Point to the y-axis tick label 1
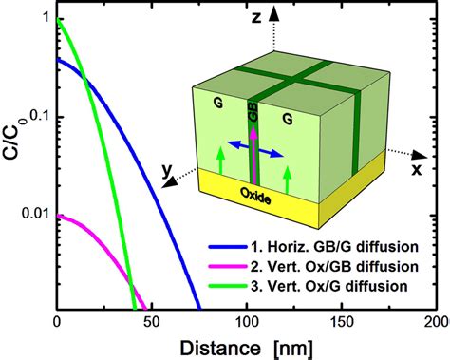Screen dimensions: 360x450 (43, 16)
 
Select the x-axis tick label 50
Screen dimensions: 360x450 (152, 324)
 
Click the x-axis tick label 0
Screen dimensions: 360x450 (58, 324)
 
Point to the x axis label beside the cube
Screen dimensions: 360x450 (415, 168)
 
